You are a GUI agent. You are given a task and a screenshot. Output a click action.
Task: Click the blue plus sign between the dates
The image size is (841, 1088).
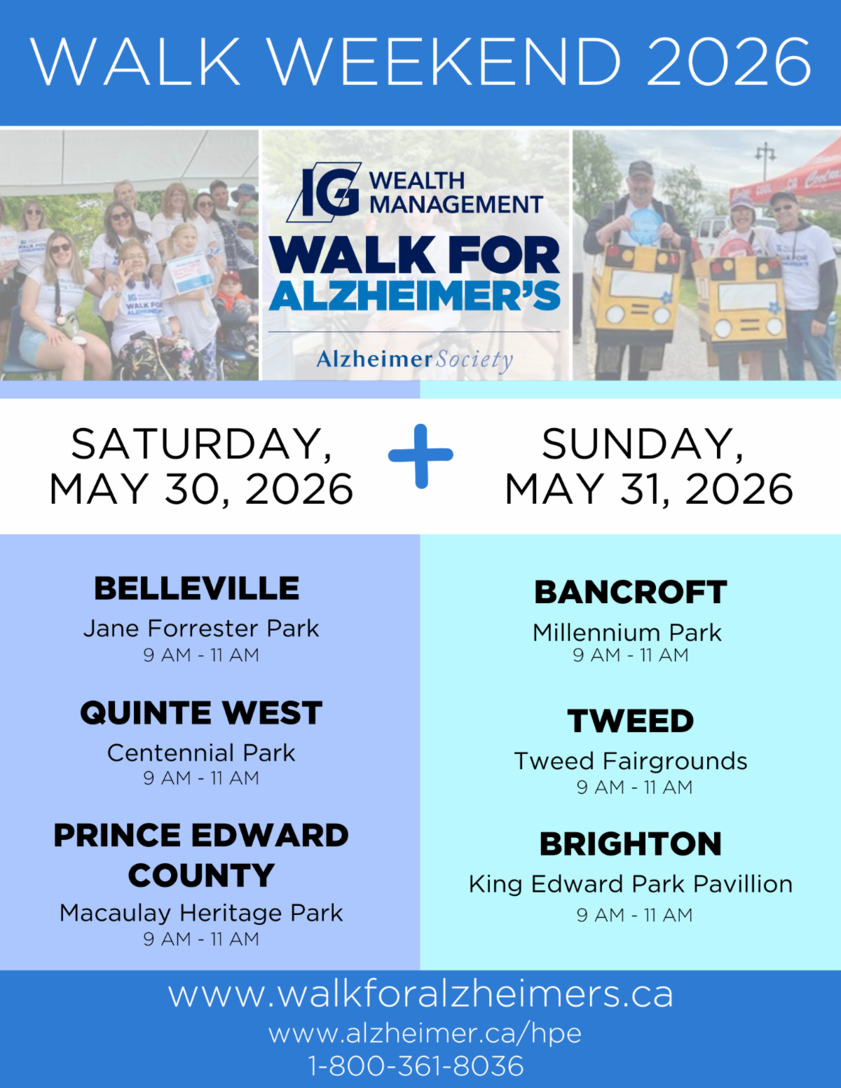pos(420,455)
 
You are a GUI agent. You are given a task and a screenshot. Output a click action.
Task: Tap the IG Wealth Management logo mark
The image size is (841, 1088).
pos(324,192)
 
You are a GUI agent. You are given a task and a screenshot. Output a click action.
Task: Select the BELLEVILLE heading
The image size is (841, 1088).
pos(196,588)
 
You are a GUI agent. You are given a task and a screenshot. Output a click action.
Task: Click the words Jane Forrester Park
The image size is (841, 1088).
pos(201,629)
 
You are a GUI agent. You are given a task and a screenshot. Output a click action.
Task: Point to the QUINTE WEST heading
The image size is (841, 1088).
pos(201,712)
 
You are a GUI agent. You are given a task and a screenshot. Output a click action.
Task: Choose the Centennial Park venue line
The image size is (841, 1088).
pos(201,753)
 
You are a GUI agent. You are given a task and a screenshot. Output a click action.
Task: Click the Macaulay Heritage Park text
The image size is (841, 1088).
pos(201,913)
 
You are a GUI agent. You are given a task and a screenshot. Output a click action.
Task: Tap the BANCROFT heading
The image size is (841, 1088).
pos(631,592)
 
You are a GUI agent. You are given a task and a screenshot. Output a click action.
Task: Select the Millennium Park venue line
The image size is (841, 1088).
pos(627,633)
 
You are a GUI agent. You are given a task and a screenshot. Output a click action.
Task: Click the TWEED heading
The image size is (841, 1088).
pos(631,721)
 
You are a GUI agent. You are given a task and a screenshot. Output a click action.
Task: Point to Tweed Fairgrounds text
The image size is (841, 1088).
pos(631,762)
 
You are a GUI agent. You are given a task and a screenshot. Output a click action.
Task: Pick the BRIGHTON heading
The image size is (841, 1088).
pos(631,844)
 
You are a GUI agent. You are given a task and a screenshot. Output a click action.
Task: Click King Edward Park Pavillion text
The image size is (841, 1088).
pos(631,884)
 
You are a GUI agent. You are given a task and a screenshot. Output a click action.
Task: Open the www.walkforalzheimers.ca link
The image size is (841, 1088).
pos(420,994)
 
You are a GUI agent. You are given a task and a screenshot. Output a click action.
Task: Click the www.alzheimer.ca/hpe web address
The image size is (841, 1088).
pos(425,1033)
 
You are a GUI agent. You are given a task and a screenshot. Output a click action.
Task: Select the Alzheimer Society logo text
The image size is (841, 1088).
pos(415,359)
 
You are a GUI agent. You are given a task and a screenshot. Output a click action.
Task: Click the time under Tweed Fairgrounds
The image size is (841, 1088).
pos(634,787)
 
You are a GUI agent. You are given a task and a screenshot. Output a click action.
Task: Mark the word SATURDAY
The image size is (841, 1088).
pos(201,445)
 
